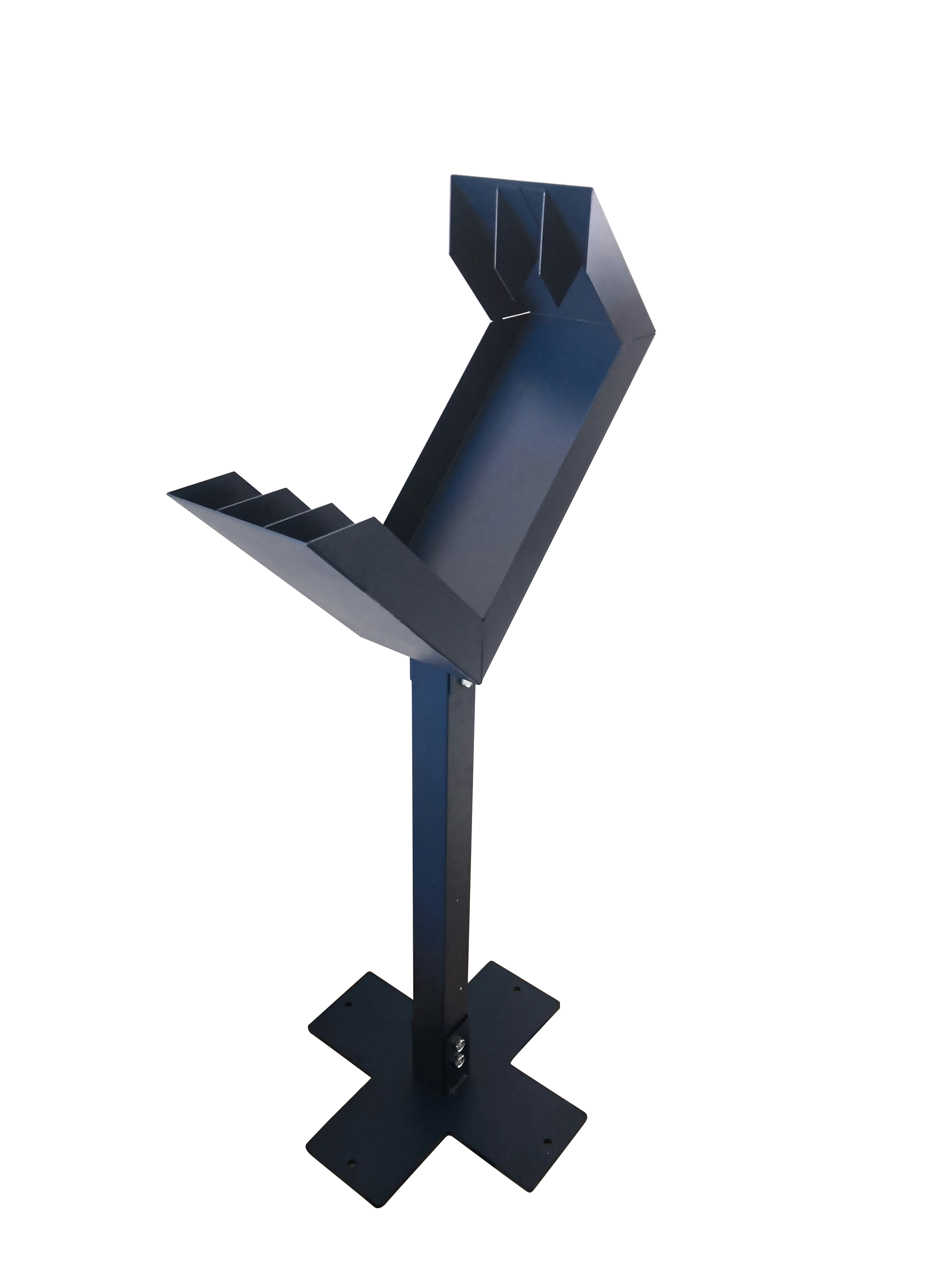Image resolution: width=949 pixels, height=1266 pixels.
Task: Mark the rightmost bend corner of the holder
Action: (654, 330)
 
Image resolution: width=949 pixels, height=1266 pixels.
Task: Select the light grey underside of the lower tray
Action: (320, 578)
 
